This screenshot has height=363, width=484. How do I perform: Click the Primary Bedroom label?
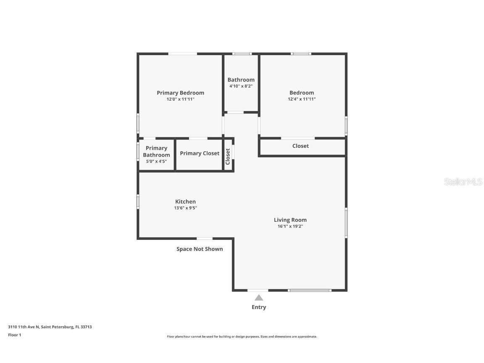click(x=180, y=93)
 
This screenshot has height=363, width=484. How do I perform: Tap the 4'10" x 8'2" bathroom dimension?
click(x=241, y=86)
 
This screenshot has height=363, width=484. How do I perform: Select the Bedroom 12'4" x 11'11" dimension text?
click(x=301, y=99)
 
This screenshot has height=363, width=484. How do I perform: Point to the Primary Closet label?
click(x=200, y=153)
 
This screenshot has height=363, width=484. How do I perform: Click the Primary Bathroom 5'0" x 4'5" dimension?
click(x=156, y=161)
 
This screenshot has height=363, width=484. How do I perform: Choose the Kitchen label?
click(x=185, y=202)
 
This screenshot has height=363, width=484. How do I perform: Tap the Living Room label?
click(x=290, y=220)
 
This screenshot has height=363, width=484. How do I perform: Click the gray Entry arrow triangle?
click(x=259, y=298)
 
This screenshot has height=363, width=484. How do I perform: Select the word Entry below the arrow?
click(x=259, y=307)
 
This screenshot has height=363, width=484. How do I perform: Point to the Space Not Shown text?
click(x=200, y=249)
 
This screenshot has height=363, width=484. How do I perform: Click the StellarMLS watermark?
click(x=463, y=182)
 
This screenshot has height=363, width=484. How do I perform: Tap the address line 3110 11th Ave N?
click(x=50, y=327)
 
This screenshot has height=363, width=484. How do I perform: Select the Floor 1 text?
click(x=14, y=335)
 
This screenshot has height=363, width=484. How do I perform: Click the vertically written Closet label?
click(x=228, y=156)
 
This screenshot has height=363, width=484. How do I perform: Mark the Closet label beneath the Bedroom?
click(x=300, y=146)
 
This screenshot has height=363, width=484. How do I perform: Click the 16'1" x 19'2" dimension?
click(x=290, y=226)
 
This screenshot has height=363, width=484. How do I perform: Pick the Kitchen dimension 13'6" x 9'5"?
click(x=185, y=208)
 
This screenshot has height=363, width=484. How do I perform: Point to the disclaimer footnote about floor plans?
click(x=242, y=337)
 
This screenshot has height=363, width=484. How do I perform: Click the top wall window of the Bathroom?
click(x=242, y=54)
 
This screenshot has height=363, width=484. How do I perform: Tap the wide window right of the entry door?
click(x=310, y=290)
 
